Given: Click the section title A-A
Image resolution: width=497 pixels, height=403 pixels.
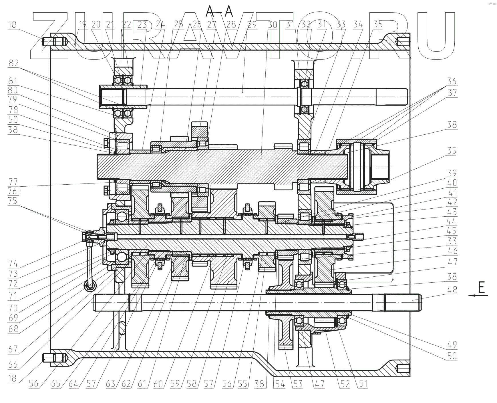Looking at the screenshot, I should point(219,12).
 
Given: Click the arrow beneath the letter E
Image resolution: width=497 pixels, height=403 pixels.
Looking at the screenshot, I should point(478,296).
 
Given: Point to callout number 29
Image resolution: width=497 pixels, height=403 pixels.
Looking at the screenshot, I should point(252,25).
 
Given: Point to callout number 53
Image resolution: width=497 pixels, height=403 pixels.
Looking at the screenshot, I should point(298,384).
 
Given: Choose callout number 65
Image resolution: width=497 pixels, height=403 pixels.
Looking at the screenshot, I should point(56,384).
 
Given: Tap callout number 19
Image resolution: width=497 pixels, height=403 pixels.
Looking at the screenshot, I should point(83,25).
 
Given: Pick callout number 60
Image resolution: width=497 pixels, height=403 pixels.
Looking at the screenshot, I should point(158,384).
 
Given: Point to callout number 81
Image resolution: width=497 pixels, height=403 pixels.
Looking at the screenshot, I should point(13,81).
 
